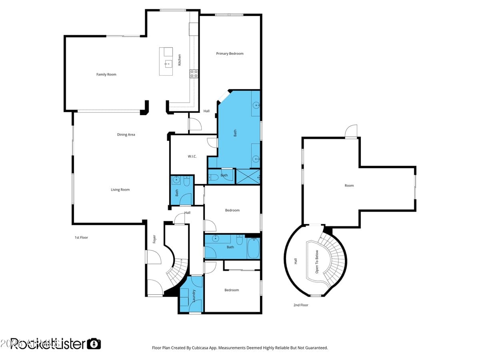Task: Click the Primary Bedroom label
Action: (x=230, y=54)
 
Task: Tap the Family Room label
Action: (x=106, y=74)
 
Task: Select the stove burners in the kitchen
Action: (x=194, y=73)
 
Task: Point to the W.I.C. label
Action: (x=192, y=156)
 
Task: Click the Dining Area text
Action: (x=126, y=135)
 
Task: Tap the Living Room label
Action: (x=120, y=190)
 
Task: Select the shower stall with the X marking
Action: (x=248, y=176)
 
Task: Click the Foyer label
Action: (x=154, y=239)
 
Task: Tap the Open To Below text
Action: (x=317, y=262)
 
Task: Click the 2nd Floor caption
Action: (x=301, y=305)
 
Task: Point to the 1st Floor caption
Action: (x=81, y=238)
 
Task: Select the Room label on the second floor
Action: (x=349, y=186)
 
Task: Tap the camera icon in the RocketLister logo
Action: (x=94, y=344)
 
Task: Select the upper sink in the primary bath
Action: (x=256, y=106)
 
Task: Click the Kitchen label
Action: (x=180, y=60)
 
